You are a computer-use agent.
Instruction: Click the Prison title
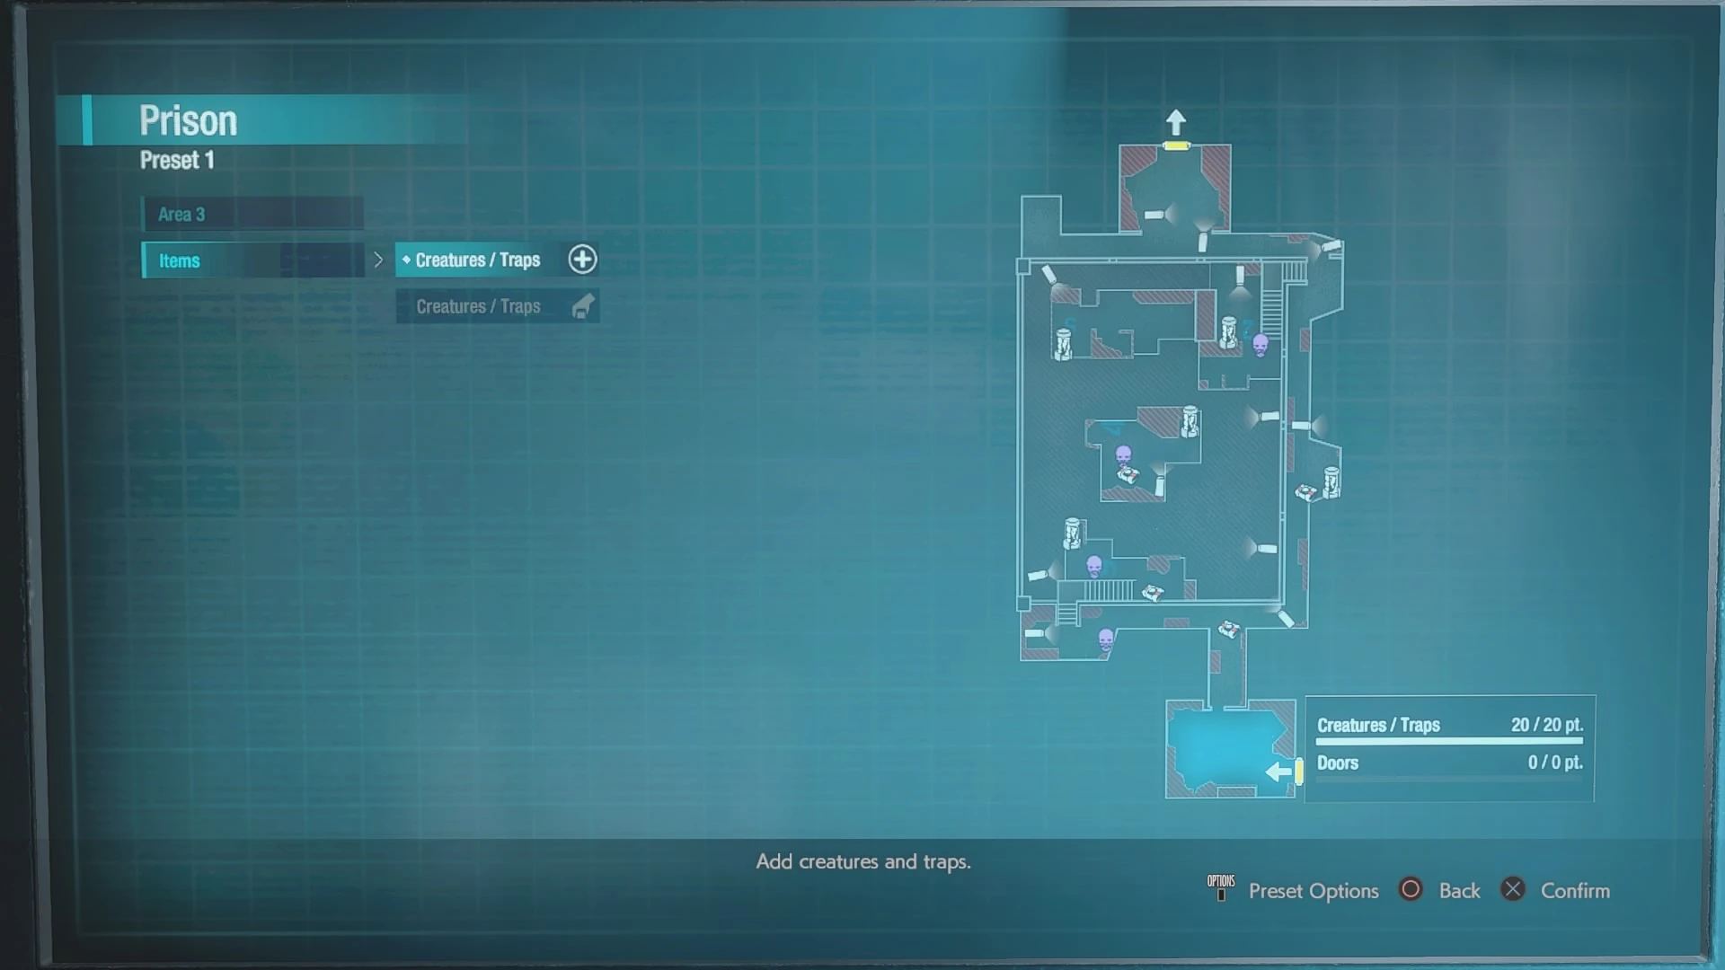(188, 121)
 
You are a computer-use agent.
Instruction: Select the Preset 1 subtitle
(177, 161)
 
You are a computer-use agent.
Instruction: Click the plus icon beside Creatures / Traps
(582, 260)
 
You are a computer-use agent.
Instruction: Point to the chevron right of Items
(378, 260)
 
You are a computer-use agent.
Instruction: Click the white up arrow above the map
(1176, 121)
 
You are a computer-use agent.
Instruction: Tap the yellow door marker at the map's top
(1176, 145)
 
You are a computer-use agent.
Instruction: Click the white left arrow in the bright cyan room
(1278, 772)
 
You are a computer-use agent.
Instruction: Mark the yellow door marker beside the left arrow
(1299, 771)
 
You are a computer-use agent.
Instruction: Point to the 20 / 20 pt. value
(1546, 725)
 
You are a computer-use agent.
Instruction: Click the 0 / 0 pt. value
(1555, 763)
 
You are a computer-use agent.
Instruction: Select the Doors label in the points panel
(1338, 763)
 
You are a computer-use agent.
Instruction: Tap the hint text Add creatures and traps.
(863, 861)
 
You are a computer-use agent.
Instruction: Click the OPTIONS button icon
(1221, 886)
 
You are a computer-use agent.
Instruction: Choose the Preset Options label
(1314, 891)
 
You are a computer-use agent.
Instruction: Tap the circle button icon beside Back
(1411, 889)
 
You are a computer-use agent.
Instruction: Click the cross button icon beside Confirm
(1513, 889)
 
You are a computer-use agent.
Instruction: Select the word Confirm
(1575, 891)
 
